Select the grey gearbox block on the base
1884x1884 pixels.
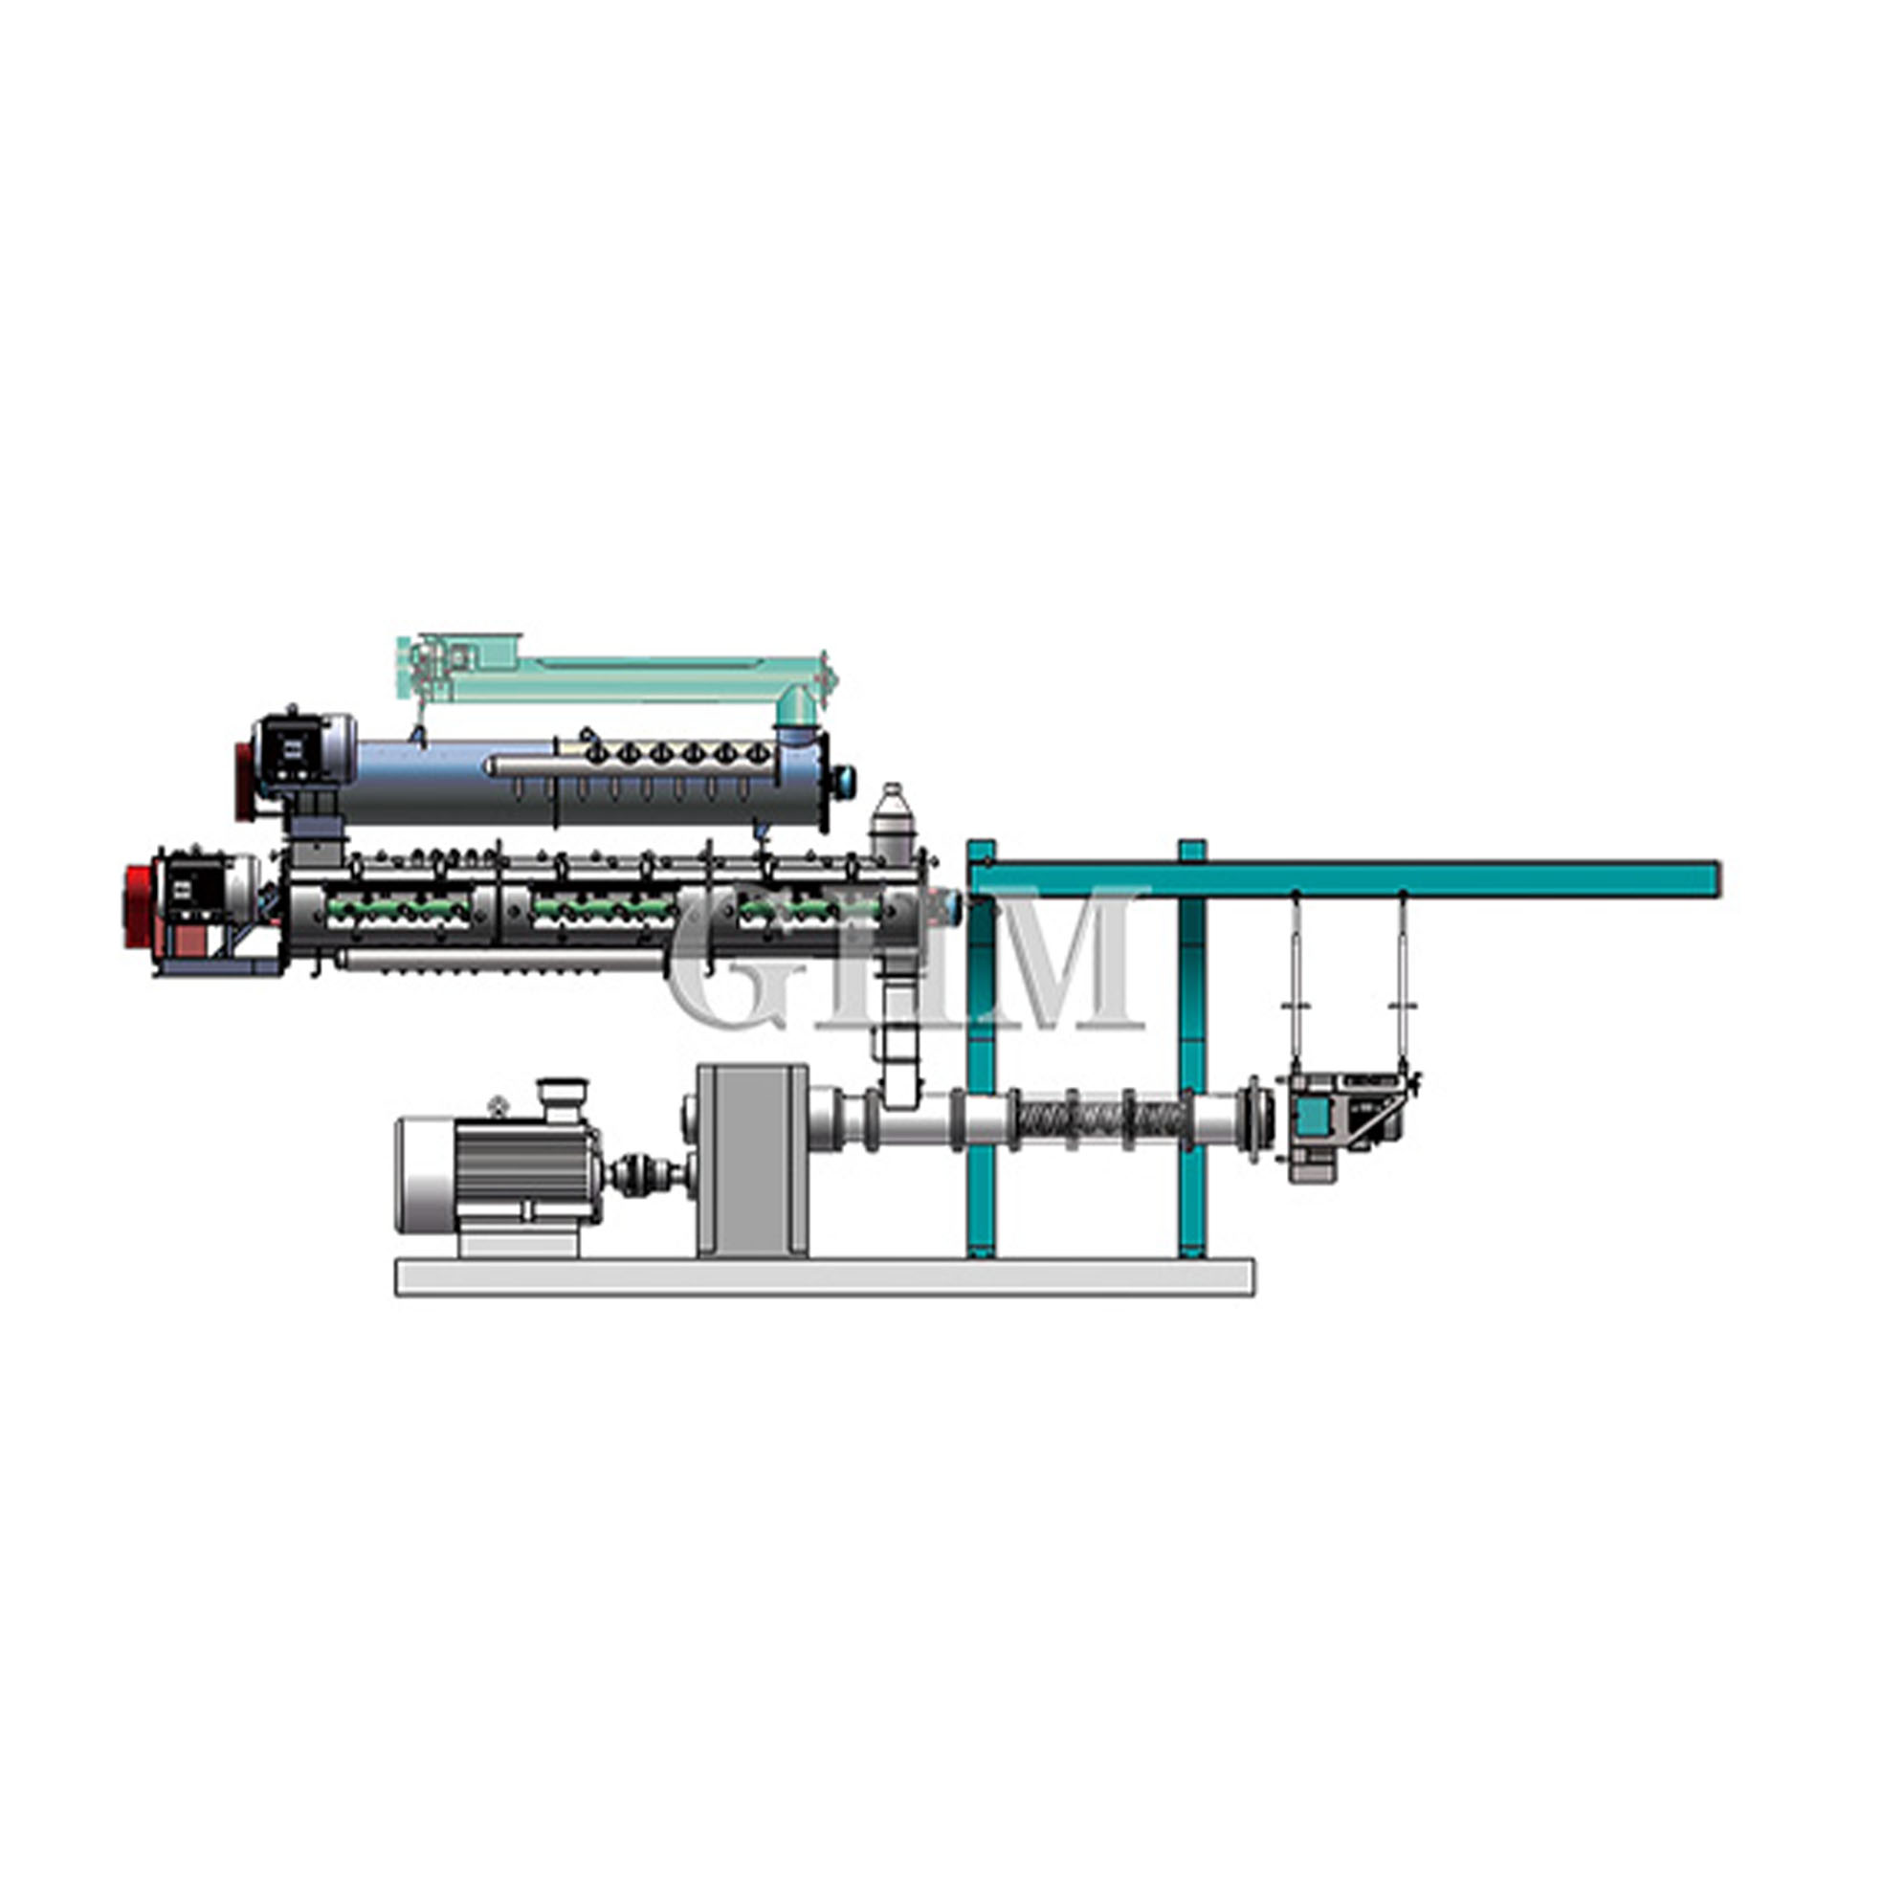click(752, 1161)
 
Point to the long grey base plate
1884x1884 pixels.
click(825, 1276)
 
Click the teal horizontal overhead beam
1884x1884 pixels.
click(1345, 877)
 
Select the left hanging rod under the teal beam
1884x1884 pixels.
click(1296, 980)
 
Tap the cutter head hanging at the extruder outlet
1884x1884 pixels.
click(1345, 1125)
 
